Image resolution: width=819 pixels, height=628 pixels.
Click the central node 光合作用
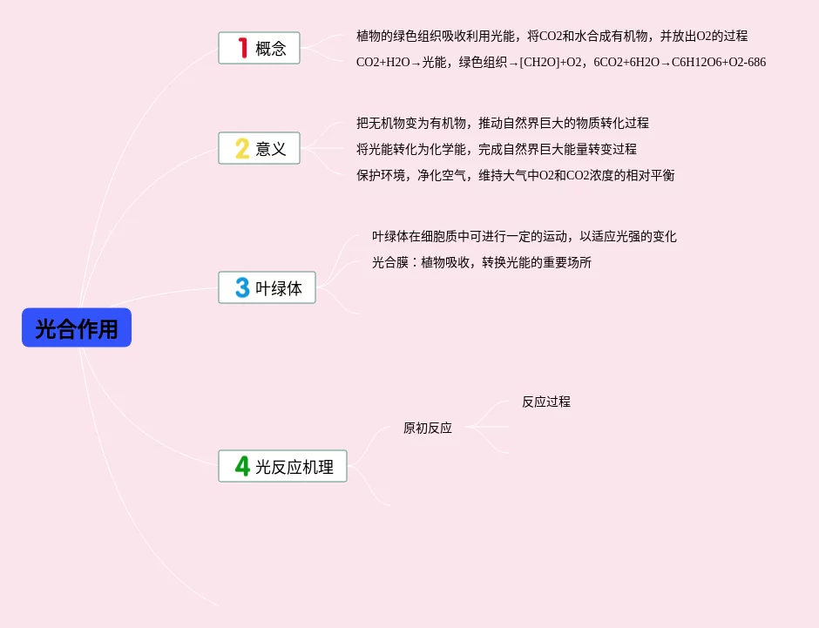tap(77, 328)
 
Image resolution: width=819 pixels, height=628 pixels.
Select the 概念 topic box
tap(259, 48)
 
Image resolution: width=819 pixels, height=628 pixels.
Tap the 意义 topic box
tap(259, 148)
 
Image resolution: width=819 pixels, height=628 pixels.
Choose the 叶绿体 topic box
tap(267, 287)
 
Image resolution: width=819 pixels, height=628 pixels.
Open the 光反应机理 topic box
tap(282, 466)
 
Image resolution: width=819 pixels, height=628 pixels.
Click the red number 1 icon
tap(243, 48)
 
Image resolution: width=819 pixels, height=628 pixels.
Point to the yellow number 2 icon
tap(242, 148)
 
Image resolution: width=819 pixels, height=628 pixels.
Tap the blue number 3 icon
tap(242, 287)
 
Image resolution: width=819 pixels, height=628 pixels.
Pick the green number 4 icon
tap(242, 466)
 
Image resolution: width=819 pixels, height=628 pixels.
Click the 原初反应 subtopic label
tap(427, 428)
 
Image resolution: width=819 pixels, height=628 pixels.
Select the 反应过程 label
tap(546, 402)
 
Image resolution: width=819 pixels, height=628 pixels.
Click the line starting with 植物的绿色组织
tap(552, 36)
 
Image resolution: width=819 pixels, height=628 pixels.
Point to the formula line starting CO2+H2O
tap(561, 62)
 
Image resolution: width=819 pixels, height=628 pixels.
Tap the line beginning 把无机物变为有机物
tap(502, 123)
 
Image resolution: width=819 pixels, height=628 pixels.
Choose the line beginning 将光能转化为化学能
tap(496, 149)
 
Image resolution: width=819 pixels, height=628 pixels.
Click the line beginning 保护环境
tap(515, 175)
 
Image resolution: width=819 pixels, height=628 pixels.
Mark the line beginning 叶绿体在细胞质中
tap(524, 236)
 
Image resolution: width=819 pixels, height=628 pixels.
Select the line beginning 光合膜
tap(481, 262)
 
